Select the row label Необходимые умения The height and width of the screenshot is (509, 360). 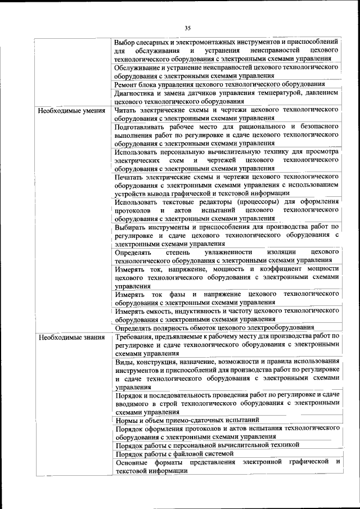click(x=71, y=110)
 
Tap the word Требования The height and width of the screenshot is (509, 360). click(x=136, y=336)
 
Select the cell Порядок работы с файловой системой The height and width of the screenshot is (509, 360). click(x=174, y=453)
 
